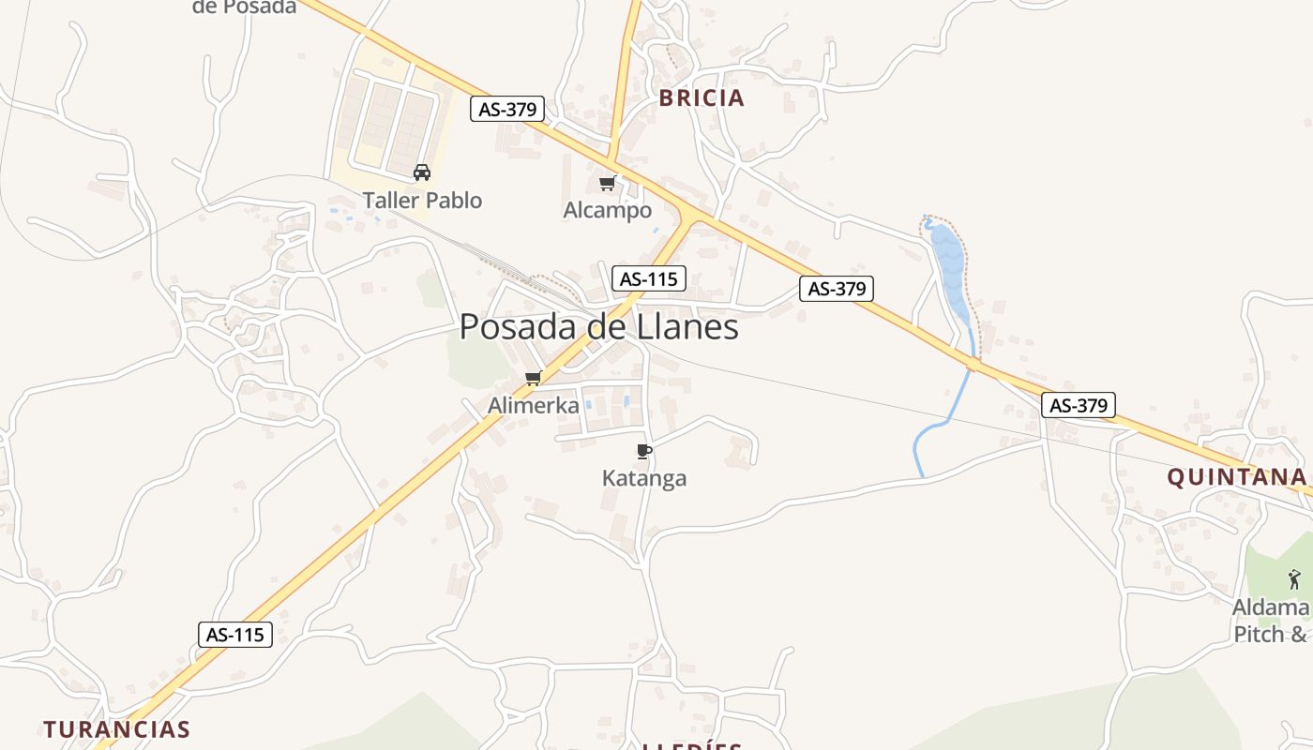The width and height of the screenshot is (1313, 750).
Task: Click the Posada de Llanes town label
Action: (x=598, y=326)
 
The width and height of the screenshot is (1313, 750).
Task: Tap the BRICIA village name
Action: (x=702, y=97)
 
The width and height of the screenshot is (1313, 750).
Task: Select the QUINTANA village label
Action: (x=1235, y=477)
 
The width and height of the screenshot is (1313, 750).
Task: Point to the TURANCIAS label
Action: (x=116, y=728)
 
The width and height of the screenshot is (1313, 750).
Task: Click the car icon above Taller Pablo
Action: (x=422, y=172)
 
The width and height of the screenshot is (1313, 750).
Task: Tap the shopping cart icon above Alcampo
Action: (x=607, y=183)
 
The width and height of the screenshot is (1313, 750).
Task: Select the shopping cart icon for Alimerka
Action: (x=534, y=378)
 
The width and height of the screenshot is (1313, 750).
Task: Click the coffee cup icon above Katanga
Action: (x=643, y=451)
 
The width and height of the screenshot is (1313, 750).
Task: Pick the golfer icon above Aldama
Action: (x=1294, y=579)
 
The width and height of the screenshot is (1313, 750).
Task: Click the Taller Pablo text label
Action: (x=422, y=200)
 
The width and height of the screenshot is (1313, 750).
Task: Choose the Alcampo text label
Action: (x=607, y=210)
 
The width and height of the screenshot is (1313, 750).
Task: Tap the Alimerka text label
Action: (x=534, y=405)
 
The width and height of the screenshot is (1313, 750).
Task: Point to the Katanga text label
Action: (x=643, y=478)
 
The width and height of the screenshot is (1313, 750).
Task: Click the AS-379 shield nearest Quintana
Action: (x=1079, y=405)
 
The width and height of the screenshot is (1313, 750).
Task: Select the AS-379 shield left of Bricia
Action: (x=507, y=109)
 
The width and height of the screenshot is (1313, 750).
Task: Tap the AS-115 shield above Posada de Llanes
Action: (x=649, y=278)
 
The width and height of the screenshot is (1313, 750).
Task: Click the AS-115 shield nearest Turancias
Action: (x=235, y=635)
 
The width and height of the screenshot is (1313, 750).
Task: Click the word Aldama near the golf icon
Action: (x=1270, y=607)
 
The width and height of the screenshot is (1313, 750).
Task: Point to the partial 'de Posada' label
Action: (x=244, y=7)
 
